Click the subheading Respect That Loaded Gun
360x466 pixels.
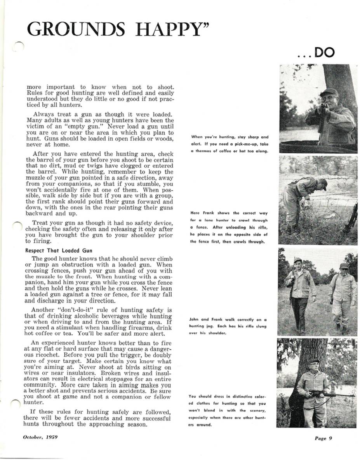(x=59, y=250)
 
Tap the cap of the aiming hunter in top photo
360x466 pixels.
(x=329, y=92)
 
